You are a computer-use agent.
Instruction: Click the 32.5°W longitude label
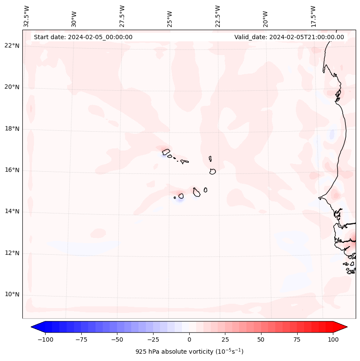[27, 16]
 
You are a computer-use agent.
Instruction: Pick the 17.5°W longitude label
[314, 16]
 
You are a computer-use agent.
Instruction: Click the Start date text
[83, 37]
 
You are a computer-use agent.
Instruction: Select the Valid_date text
[289, 37]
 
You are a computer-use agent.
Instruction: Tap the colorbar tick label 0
[189, 339]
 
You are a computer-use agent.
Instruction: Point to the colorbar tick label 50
[261, 339]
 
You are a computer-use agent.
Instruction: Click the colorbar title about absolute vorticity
[189, 352]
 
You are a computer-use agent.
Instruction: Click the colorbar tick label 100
[333, 339]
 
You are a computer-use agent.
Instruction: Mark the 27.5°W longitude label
[122, 16]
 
